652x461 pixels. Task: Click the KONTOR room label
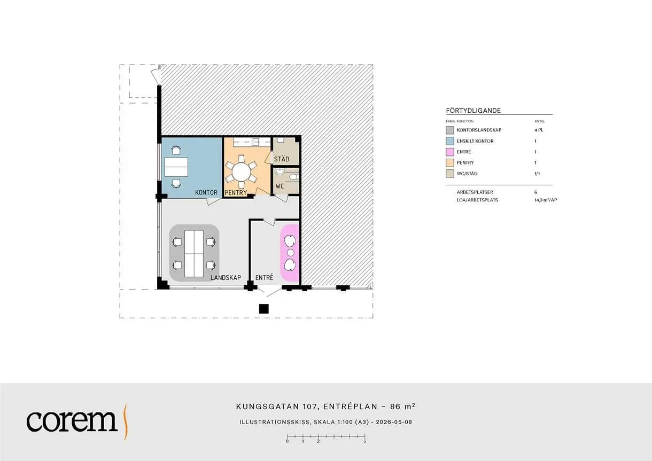(x=206, y=192)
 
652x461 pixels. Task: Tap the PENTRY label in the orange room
(x=236, y=192)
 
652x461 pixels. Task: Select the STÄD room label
(x=282, y=159)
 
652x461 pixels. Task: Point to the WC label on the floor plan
(x=280, y=186)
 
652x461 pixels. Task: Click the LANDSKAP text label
(x=226, y=277)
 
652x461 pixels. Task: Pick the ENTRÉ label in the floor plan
(x=264, y=277)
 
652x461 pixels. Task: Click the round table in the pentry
(x=241, y=171)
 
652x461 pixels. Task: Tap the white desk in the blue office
(x=176, y=167)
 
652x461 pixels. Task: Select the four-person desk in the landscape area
(x=194, y=254)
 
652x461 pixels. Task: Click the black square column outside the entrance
(x=263, y=309)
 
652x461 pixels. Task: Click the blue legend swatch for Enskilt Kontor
(x=449, y=141)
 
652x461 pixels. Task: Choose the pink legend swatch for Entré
(x=449, y=152)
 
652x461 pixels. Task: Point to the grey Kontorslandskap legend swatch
(x=449, y=130)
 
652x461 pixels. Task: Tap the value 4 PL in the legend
(x=539, y=130)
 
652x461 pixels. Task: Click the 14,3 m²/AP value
(x=546, y=200)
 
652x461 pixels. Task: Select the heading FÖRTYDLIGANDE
(x=474, y=111)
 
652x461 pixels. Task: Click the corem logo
(x=77, y=421)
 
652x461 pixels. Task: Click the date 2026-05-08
(x=394, y=422)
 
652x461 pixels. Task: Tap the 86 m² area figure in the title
(x=402, y=406)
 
